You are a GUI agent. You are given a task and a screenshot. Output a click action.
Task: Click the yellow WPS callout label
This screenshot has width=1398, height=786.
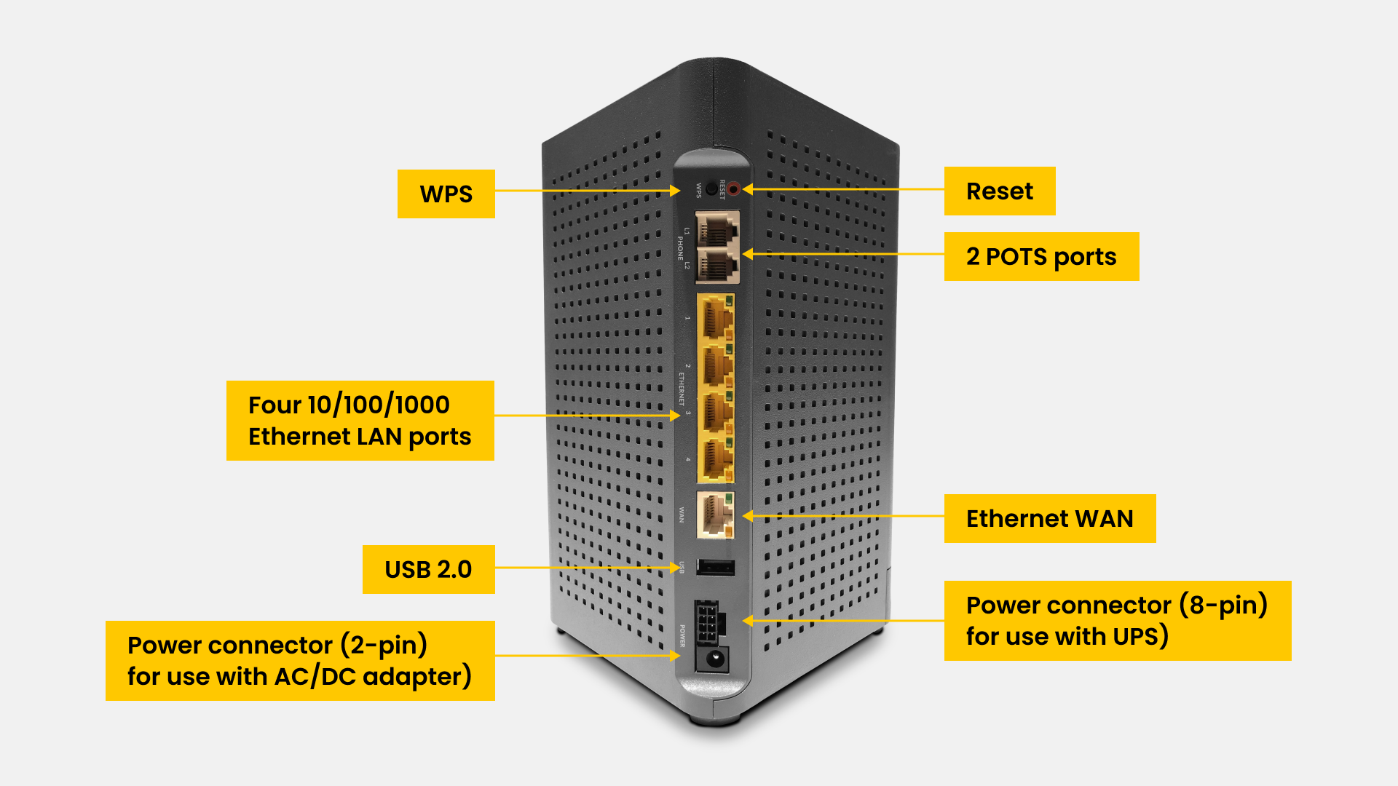(x=446, y=194)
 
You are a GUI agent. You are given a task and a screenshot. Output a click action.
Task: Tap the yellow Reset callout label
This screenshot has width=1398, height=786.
(x=999, y=191)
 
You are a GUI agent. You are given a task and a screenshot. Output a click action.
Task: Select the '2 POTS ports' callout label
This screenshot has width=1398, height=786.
(x=1040, y=256)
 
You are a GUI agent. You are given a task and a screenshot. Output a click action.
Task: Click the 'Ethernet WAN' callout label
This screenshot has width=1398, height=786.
(x=1049, y=518)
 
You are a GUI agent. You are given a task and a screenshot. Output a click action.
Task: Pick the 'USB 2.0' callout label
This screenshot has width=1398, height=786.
(x=428, y=569)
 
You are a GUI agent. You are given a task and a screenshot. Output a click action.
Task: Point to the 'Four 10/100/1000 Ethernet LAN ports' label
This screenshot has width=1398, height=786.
(x=360, y=420)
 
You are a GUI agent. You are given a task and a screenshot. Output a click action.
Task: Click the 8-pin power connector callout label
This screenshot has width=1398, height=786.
(x=1117, y=620)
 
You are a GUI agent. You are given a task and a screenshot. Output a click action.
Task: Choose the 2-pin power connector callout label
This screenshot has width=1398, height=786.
(x=299, y=660)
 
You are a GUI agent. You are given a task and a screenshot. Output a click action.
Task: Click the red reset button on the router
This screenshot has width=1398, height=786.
(x=733, y=189)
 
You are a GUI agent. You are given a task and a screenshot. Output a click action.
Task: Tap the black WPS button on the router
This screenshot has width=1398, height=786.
(x=711, y=189)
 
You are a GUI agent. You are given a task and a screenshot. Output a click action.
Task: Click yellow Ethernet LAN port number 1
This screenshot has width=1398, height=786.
(x=716, y=317)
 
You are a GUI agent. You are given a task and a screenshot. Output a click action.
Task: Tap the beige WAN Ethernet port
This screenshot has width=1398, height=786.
(x=715, y=515)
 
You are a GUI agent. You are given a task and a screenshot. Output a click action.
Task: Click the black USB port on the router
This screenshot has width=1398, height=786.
(x=715, y=567)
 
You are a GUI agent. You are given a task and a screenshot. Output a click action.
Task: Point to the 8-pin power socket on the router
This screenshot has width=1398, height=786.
(x=707, y=621)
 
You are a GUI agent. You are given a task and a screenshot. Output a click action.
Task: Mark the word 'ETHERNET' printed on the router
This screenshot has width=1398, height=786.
(x=682, y=389)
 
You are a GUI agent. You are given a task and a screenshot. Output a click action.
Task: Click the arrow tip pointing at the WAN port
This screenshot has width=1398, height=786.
(x=745, y=516)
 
